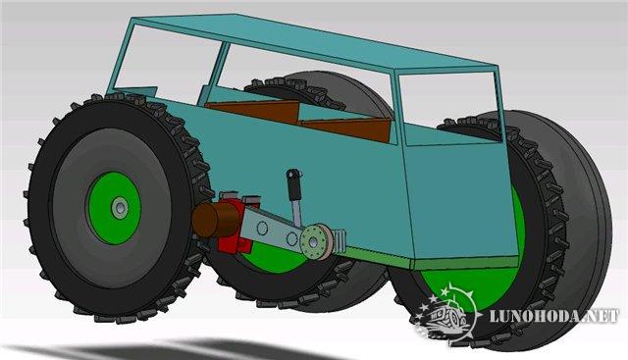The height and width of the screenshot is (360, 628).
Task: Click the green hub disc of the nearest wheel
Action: (115, 208)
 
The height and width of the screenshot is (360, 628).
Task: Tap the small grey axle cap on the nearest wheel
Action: (120, 208)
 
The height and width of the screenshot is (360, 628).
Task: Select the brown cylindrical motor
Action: (211, 220)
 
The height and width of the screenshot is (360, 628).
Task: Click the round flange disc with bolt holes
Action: (316, 241)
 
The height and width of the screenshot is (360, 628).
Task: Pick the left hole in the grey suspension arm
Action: (262, 229)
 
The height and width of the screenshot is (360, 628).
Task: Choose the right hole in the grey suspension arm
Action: (292, 239)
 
